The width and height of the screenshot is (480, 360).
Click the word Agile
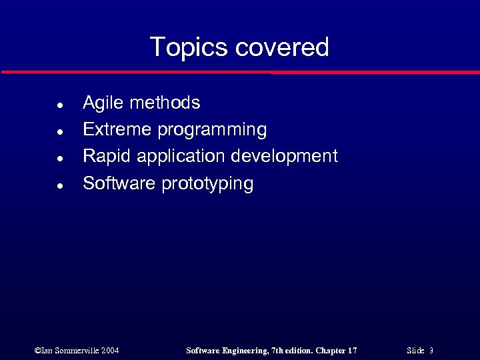pyautogui.click(x=103, y=103)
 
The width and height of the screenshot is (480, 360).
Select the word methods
pyautogui.click(x=165, y=103)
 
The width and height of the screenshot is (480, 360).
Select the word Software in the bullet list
pyautogui.click(x=119, y=183)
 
